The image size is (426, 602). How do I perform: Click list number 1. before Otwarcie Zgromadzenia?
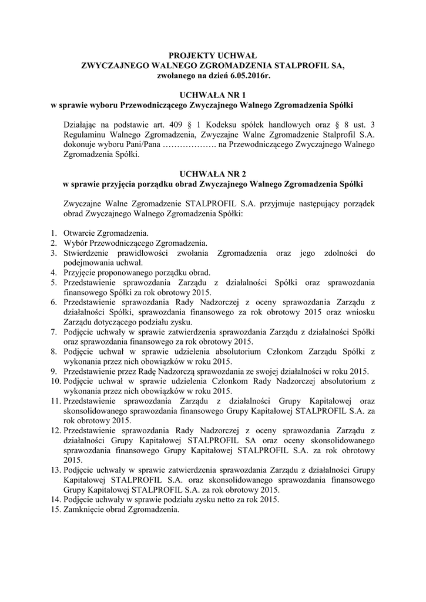52,233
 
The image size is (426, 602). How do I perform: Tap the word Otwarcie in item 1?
78,233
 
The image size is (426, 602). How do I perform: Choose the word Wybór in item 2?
75,243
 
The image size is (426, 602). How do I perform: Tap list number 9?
52,371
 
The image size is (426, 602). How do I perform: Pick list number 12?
55,430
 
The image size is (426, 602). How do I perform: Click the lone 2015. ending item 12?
73,460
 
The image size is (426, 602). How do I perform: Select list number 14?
55,500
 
